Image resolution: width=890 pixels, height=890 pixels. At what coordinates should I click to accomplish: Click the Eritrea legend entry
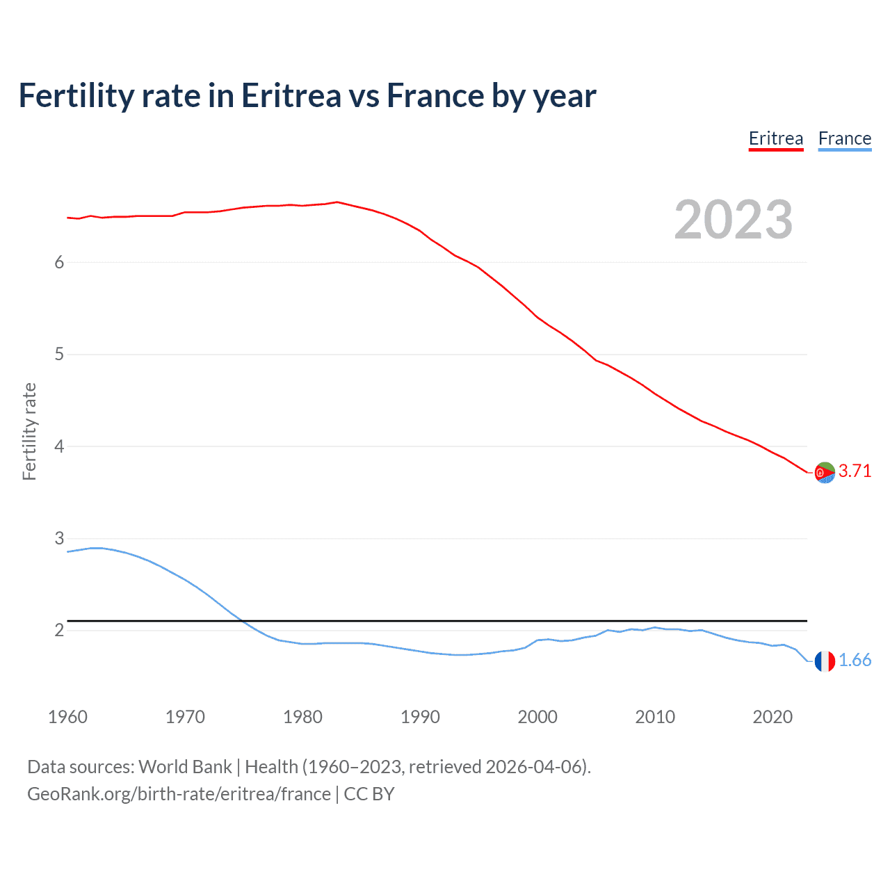[x=776, y=138]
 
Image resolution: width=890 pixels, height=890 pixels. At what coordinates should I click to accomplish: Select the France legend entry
[x=845, y=138]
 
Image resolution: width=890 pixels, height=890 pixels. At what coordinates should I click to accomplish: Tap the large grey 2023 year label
[x=734, y=220]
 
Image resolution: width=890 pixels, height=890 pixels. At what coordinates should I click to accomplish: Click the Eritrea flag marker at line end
[x=825, y=472]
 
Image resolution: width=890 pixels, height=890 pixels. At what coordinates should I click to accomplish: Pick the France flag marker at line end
[x=825, y=661]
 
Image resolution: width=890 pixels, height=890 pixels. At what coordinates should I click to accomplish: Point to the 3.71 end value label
[x=855, y=471]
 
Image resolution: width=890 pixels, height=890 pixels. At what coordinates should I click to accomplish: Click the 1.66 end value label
[x=855, y=660]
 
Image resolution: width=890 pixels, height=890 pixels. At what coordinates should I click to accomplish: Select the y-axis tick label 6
[x=59, y=262]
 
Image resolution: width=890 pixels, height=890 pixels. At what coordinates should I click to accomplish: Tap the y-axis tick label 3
[x=59, y=538]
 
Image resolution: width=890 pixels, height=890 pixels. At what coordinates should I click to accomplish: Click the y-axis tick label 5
[x=59, y=355]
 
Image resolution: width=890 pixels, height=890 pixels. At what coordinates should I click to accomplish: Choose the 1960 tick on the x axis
[x=67, y=717]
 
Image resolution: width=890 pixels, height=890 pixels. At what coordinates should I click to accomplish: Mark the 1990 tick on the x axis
[x=420, y=717]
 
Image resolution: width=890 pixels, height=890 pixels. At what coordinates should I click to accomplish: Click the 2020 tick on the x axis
[x=772, y=717]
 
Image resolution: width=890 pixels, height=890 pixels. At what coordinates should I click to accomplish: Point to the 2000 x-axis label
[x=537, y=717]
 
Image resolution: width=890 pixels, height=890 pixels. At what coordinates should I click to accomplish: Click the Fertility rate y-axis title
[x=29, y=431]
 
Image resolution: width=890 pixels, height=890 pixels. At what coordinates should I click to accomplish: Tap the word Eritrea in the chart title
[x=291, y=96]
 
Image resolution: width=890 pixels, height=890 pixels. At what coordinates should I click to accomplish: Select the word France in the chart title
[x=435, y=96]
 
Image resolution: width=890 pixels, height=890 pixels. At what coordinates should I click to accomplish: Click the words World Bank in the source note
[x=185, y=767]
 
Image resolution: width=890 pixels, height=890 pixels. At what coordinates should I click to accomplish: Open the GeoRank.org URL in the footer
[x=179, y=794]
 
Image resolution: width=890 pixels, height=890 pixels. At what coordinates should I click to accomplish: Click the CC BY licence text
[x=369, y=794]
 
